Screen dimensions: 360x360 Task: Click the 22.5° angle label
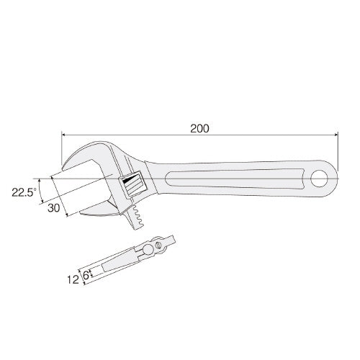(24, 192)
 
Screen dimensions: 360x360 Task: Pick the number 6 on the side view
(85, 274)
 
